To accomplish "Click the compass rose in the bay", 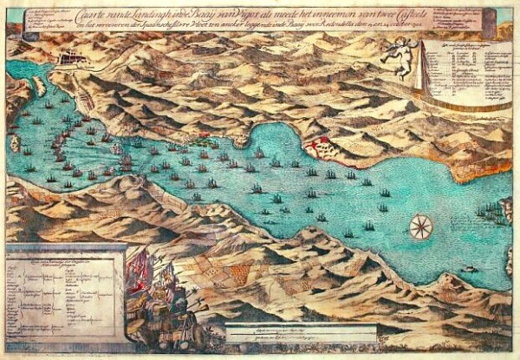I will (x=420, y=226).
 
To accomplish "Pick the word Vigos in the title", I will (x=269, y=12).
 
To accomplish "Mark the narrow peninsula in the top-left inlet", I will (x=38, y=86).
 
